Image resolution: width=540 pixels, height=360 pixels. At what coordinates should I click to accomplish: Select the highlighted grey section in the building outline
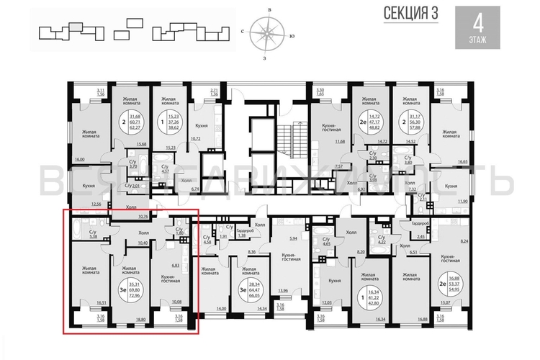coord(76,28)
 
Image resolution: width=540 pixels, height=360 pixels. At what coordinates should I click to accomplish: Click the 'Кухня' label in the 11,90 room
coord(451,186)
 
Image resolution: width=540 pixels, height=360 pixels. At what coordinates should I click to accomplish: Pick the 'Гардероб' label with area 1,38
coord(243,231)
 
